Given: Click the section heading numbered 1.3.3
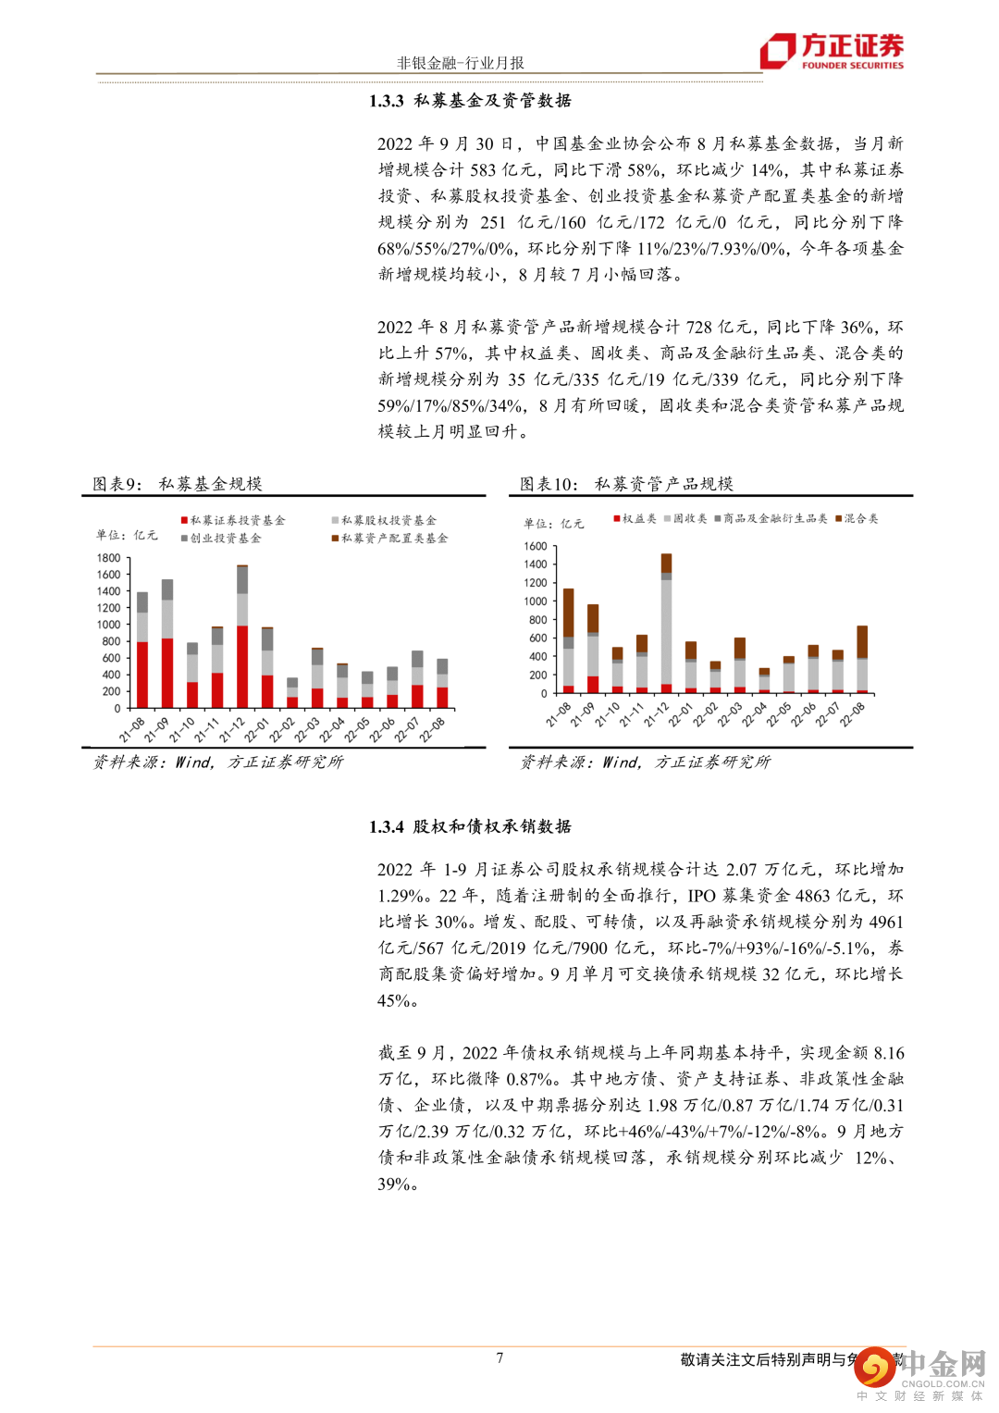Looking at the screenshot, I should click(470, 101).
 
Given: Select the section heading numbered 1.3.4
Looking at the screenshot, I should click(470, 826).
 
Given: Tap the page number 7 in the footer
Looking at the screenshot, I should click(499, 1357).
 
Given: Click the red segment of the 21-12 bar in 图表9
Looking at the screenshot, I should click(242, 666).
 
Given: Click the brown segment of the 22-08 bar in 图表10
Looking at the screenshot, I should click(862, 642).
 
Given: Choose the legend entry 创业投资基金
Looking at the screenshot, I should click(225, 539).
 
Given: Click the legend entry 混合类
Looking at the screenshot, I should click(860, 519).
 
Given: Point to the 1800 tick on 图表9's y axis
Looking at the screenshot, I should click(108, 558).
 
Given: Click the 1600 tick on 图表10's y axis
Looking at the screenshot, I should click(536, 546).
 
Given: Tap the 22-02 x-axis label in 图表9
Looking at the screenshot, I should click(282, 730).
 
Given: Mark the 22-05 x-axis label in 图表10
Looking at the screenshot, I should click(778, 715).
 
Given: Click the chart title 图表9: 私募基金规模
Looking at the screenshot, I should click(178, 484).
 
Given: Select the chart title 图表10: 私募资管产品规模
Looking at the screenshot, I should click(626, 484).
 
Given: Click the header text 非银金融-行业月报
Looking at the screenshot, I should click(460, 63).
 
